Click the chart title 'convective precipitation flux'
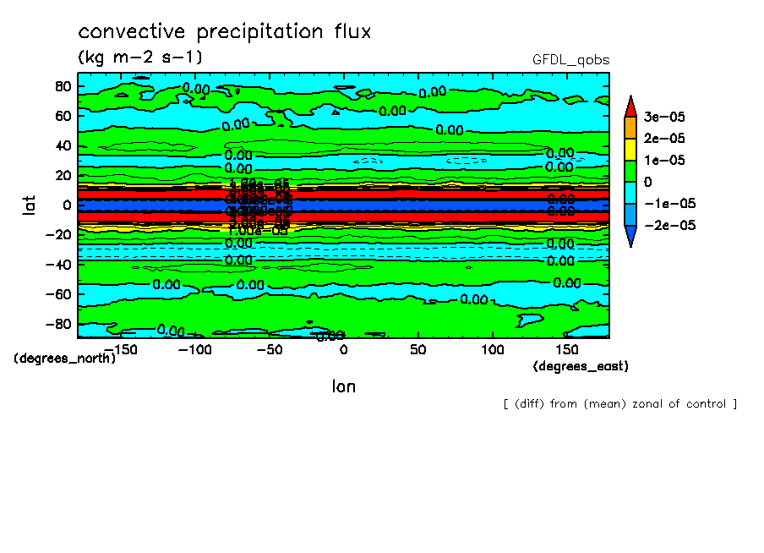tap(225, 32)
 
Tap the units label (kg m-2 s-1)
tap(139, 57)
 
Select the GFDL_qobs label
tap(570, 60)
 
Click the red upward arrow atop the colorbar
tap(630, 105)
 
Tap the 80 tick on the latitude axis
tap(62, 86)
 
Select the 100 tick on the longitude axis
tap(492, 349)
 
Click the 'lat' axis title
tap(29, 204)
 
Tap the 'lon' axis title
tap(343, 386)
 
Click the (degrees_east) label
tap(581, 366)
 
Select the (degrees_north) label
tap(64, 358)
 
